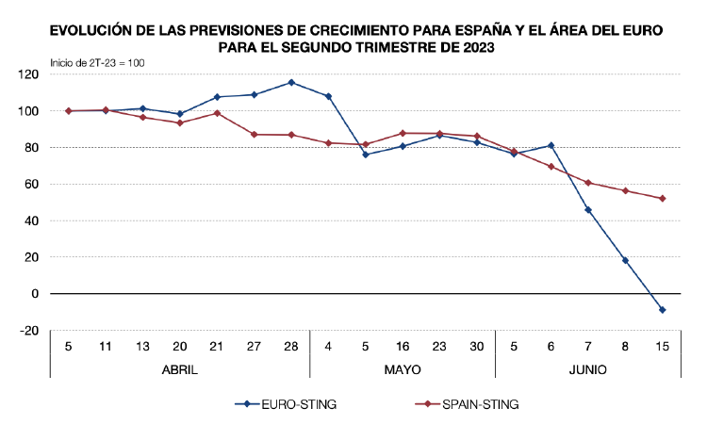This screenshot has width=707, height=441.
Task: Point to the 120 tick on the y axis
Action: (x=29, y=73)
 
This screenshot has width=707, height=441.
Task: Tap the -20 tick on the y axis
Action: (x=29, y=331)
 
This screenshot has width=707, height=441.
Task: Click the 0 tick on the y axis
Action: (x=35, y=294)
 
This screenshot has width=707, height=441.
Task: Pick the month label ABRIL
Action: (x=179, y=369)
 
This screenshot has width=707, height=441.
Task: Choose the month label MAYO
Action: (x=403, y=369)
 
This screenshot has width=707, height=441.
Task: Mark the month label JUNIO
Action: (x=588, y=369)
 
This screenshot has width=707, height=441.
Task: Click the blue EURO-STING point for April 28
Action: (x=291, y=82)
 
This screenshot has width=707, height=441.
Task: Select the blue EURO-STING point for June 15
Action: (x=663, y=310)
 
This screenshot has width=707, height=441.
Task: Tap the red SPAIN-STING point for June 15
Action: (x=663, y=198)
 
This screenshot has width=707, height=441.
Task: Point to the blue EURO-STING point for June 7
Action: (x=588, y=210)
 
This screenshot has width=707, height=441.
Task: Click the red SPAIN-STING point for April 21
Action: (x=217, y=113)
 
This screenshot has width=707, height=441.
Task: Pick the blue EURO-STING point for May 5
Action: (x=366, y=155)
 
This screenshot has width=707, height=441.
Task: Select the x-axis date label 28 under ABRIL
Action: (x=291, y=345)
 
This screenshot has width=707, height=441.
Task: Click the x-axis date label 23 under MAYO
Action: (x=439, y=345)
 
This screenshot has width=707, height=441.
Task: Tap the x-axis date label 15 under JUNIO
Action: (x=663, y=345)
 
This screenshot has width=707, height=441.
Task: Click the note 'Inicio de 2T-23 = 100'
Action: (x=97, y=62)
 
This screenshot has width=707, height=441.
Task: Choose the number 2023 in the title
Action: (x=474, y=44)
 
